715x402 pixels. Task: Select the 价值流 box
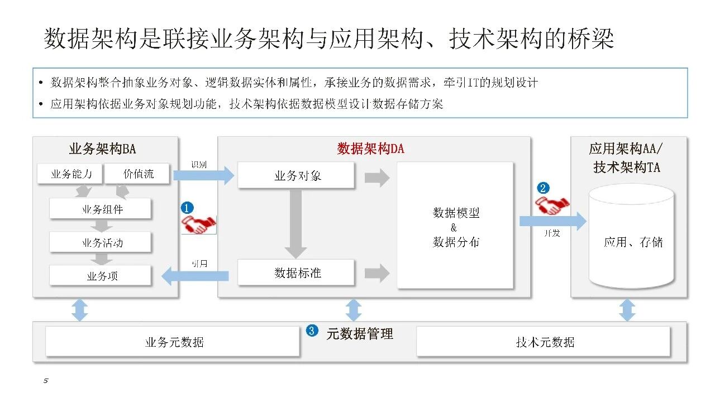[138, 174]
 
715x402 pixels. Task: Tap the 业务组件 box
[101, 209]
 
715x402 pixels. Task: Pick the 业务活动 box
[101, 242]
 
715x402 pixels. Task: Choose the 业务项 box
[101, 275]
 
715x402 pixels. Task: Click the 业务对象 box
[297, 176]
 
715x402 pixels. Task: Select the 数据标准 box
[297, 273]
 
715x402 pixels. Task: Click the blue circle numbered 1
[187, 207]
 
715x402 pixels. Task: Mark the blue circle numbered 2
[543, 188]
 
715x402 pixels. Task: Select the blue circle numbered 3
[312, 331]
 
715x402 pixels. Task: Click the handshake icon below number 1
[199, 224]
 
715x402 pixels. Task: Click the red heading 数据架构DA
[370, 149]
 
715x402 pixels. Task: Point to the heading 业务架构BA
[102, 149]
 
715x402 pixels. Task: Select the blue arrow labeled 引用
[196, 275]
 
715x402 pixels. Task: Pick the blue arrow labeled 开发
[552, 221]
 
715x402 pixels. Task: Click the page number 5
[46, 381]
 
